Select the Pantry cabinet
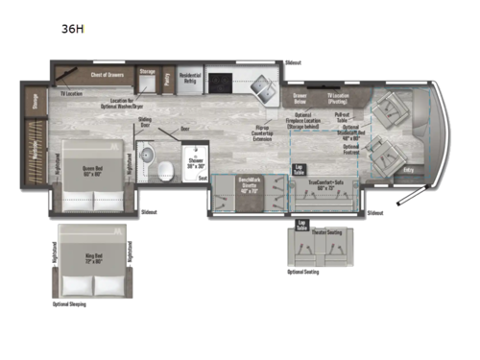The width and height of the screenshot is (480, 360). (x=167, y=79)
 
